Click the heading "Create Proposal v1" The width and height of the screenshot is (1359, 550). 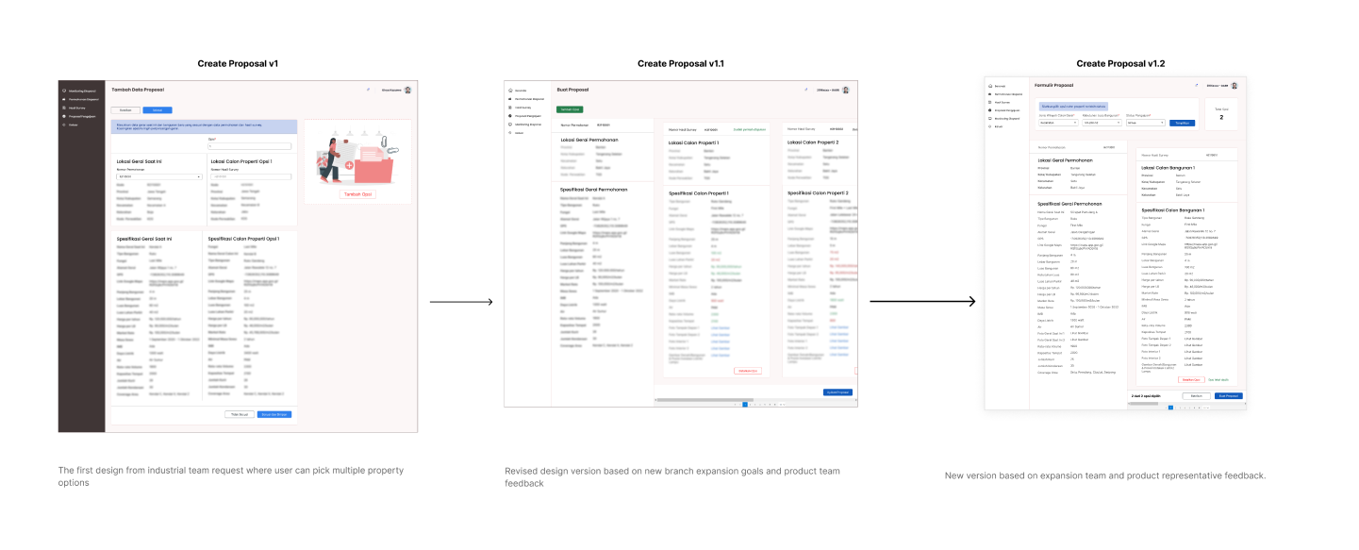click(237, 63)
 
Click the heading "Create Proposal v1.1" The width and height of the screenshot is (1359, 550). click(680, 63)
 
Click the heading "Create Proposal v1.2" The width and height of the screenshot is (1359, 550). click(1120, 63)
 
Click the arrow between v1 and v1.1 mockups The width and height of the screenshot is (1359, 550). click(461, 302)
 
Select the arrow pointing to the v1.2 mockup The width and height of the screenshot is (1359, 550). click(922, 302)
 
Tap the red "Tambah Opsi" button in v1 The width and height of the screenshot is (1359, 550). click(357, 194)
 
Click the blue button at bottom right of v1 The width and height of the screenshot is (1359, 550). click(274, 414)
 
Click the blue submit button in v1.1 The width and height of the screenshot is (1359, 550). click(837, 392)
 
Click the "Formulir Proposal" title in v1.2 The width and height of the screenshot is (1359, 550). click(1054, 85)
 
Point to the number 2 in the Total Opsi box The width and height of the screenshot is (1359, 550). click(1221, 118)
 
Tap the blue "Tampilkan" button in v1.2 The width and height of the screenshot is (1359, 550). click(1182, 123)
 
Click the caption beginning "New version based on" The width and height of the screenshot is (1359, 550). click(1104, 475)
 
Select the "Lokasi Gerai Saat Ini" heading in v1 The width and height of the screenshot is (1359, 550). click(144, 161)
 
